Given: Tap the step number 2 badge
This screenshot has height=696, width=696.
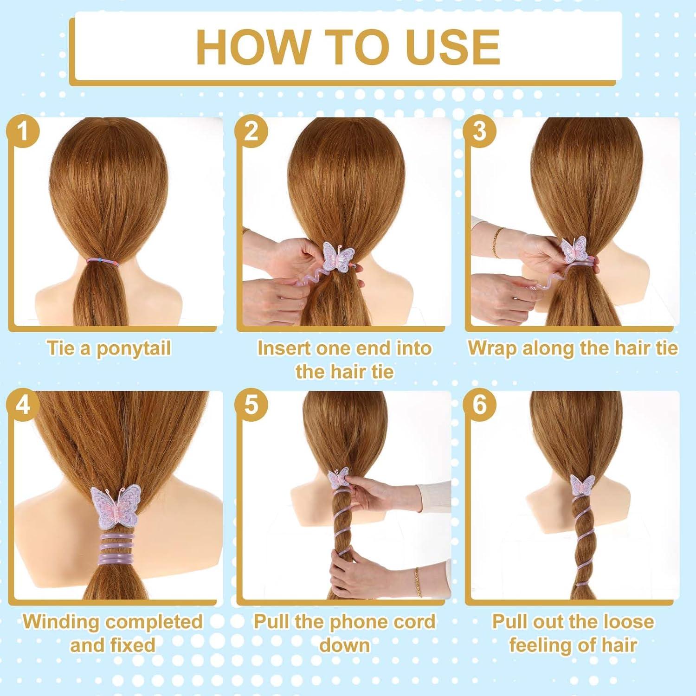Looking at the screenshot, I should [x=251, y=131].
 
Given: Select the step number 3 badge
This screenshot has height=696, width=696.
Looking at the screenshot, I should [x=480, y=131].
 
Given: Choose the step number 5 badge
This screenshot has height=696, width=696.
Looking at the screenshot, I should [x=251, y=405].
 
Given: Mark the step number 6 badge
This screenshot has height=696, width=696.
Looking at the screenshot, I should [x=480, y=405].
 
